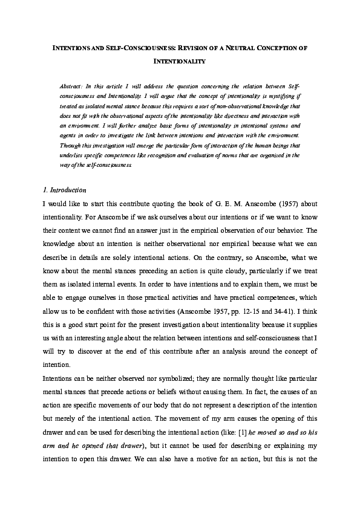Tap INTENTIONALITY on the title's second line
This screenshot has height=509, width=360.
point(180,61)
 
